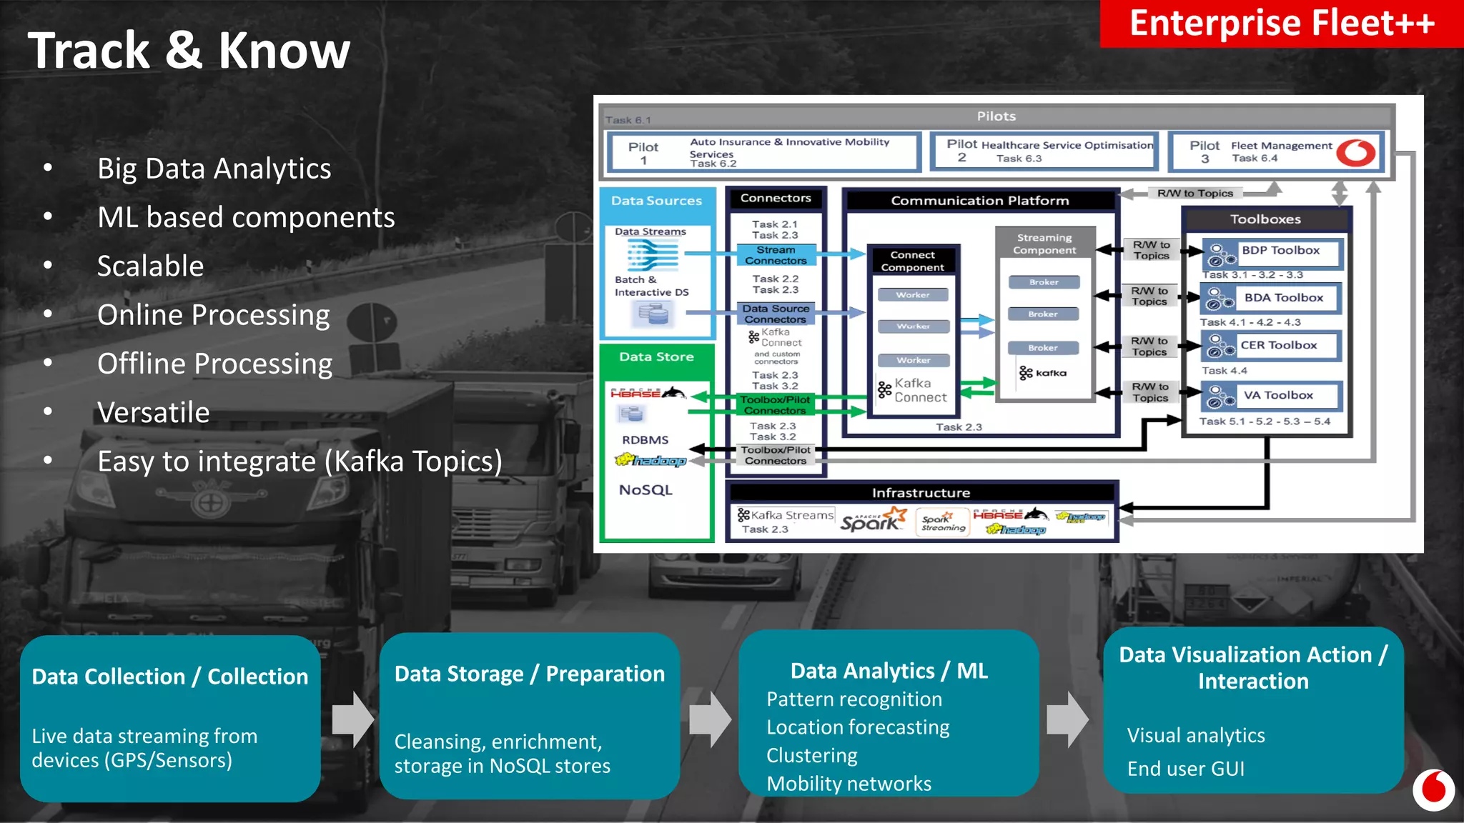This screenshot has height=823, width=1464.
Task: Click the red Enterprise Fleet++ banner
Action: click(x=1281, y=24)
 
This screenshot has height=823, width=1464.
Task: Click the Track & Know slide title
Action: click(x=189, y=51)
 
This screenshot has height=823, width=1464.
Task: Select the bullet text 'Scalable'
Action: click(x=150, y=266)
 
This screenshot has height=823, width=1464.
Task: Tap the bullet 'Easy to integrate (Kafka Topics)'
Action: click(x=300, y=462)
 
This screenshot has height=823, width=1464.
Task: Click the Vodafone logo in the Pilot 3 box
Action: click(x=1355, y=152)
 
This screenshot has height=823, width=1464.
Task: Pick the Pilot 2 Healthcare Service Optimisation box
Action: click(x=1044, y=151)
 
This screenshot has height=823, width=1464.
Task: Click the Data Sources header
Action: click(x=656, y=201)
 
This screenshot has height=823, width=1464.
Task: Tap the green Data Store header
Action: click(x=656, y=356)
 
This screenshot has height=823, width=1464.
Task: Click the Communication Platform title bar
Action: click(x=979, y=201)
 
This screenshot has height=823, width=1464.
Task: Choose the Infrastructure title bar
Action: click(x=921, y=493)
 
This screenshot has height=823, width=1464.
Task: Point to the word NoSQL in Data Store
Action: click(x=646, y=490)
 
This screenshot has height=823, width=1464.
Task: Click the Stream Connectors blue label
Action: click(x=776, y=255)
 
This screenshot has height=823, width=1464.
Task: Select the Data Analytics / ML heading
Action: click(x=889, y=671)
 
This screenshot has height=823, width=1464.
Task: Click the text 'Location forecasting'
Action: click(x=858, y=727)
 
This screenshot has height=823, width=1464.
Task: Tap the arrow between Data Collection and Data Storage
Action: click(x=352, y=719)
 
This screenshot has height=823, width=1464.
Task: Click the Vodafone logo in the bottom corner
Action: click(x=1433, y=790)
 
